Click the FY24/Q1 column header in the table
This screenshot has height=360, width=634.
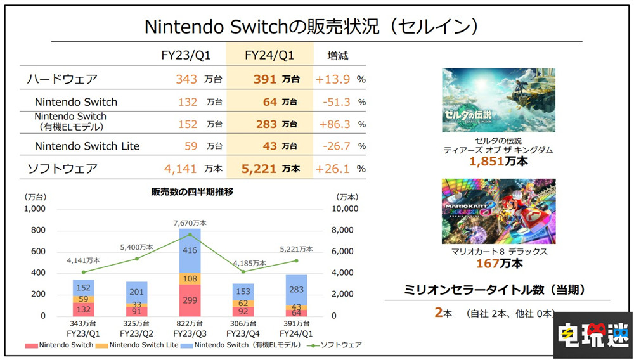click(269, 56)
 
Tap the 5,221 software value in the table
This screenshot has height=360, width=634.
click(259, 169)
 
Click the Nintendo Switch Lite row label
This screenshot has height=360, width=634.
click(87, 146)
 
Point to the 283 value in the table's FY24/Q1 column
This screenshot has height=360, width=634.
click(266, 124)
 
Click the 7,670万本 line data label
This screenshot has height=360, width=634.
click(190, 223)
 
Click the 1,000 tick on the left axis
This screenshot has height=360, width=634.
click(35, 209)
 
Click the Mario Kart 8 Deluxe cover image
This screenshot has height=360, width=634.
click(498, 210)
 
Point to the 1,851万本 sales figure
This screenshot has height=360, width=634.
click(498, 161)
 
